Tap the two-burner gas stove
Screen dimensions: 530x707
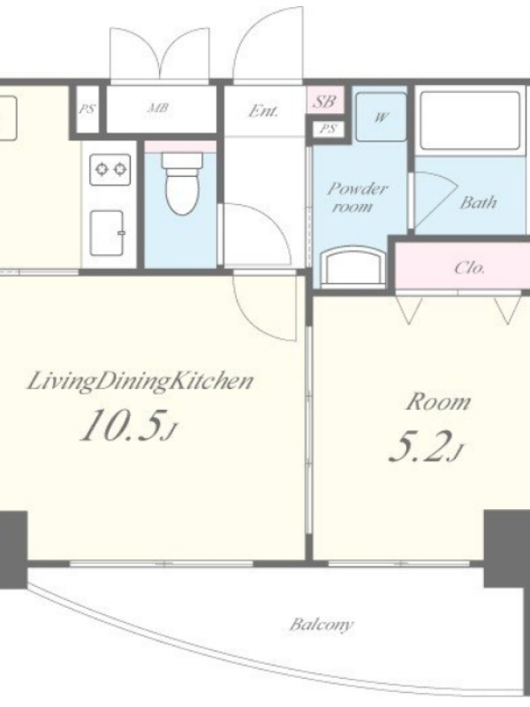110,170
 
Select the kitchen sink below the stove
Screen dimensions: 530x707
107,232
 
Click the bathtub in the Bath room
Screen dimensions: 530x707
470,120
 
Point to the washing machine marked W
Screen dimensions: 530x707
381,118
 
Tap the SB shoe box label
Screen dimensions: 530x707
324,102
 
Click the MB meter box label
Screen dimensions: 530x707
158,108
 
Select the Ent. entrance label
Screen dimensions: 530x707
263,111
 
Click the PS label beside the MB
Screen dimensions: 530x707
87,109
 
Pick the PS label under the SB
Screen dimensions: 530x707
328,129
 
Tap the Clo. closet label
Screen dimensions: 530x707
470,269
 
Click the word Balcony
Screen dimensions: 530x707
322,625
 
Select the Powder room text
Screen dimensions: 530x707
356,197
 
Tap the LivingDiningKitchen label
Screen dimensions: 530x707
140,382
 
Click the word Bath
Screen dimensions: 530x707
478,203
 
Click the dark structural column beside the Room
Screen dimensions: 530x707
507,549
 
